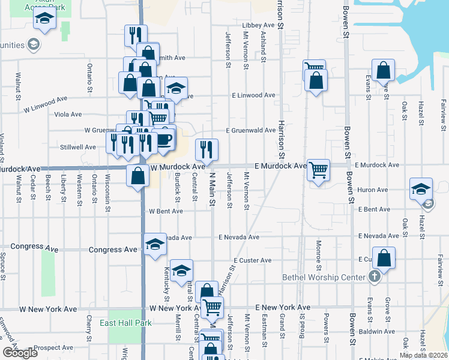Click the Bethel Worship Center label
point(324,277)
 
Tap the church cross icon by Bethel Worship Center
point(374,277)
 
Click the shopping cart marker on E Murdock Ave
point(318,169)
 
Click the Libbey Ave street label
point(258,26)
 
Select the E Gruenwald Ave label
point(251,130)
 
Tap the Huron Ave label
point(373,190)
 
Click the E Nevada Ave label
point(239,237)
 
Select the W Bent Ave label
point(166,211)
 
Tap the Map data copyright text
point(423,355)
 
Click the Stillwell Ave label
point(78,147)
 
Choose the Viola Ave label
point(68,114)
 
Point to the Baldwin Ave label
point(376,331)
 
